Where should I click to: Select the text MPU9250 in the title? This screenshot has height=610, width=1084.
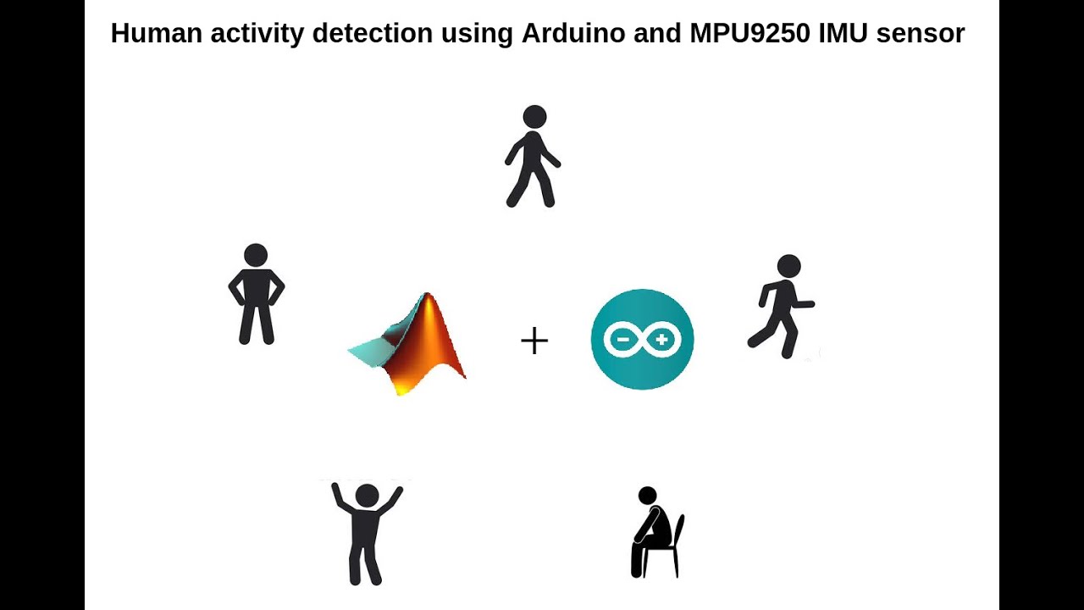[x=733, y=34]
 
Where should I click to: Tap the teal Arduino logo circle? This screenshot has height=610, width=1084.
[x=642, y=339]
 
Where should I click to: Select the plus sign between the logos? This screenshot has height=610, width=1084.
[x=534, y=341]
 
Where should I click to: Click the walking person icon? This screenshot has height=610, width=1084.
[x=532, y=157]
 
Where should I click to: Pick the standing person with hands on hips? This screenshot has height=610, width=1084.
[x=256, y=295]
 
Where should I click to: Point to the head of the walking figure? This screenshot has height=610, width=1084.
[x=534, y=117]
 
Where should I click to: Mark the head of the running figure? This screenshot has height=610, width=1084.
[x=788, y=266]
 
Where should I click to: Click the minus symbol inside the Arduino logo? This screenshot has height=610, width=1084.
[x=621, y=340]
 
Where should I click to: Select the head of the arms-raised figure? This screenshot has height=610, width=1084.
[x=367, y=496]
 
